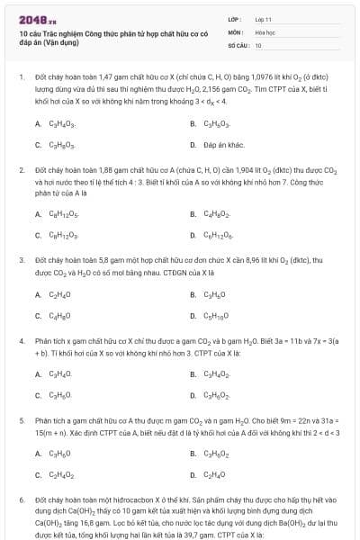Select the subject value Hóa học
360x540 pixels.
[265, 31]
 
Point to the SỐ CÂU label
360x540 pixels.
[238, 44]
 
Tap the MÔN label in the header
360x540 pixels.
[235, 31]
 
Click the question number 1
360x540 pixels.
[20, 77]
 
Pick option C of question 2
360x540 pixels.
[63, 236]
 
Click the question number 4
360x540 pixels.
[20, 341]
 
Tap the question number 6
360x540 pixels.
[20, 499]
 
